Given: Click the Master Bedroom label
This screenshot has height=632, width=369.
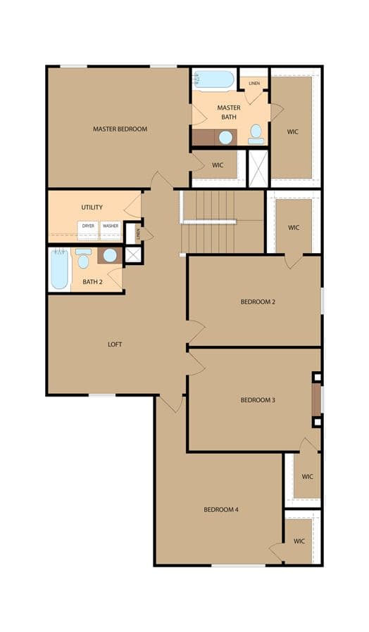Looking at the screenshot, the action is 120,129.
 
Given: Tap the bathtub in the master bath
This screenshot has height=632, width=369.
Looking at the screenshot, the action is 213,79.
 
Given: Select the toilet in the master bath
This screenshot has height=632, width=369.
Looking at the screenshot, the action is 256,134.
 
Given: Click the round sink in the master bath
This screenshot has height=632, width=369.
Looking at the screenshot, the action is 225,138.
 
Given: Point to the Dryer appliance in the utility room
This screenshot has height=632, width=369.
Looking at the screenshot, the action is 88,230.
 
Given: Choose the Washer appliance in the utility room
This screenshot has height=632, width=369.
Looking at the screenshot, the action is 111,230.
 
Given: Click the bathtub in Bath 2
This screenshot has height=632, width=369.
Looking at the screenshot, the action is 60,269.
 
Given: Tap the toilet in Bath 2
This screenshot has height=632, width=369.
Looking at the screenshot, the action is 83,259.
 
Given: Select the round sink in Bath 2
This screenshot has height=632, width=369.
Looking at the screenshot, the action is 109,255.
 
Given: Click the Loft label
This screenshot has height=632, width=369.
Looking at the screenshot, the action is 115,344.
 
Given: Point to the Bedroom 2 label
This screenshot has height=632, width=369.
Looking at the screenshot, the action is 258,302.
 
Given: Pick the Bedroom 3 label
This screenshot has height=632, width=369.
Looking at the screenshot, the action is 258,400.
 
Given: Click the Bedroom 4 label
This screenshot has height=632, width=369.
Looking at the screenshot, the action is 221,510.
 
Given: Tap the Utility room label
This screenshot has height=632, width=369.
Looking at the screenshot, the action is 92,207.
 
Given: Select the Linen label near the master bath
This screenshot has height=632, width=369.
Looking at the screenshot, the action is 254,84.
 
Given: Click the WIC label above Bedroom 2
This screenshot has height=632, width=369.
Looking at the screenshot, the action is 294,228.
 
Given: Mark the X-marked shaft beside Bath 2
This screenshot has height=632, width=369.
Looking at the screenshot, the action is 133,254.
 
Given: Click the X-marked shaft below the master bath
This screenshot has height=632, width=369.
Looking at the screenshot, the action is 258,168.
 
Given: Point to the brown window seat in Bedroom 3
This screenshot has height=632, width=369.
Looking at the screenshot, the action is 316,399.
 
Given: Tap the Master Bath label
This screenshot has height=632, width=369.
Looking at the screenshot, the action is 229,112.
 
